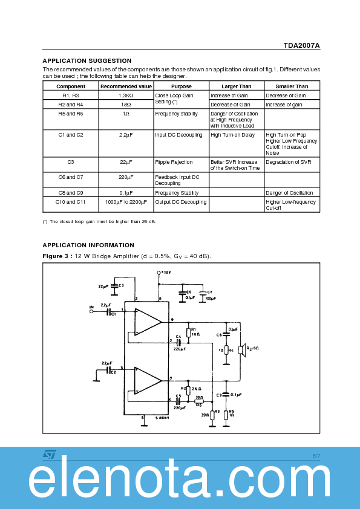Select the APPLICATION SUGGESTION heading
87,60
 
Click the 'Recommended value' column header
126,86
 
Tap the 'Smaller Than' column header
292,86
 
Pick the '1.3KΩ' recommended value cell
126,96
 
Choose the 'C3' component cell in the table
70,162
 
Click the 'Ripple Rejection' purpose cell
174,162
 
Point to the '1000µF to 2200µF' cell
126,202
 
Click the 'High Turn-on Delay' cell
232,135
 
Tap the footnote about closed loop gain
99,222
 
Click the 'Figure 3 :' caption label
57,257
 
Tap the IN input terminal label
91,307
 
